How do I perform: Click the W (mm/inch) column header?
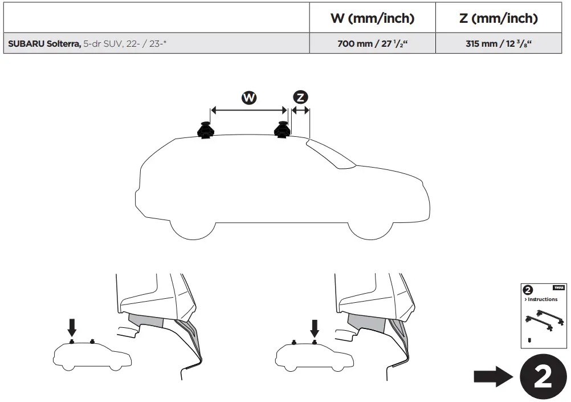[372, 18]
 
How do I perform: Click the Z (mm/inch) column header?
[498, 18]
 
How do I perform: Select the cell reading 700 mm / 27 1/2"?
[372, 43]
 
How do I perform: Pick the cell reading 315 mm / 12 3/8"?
[498, 43]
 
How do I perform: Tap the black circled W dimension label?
[248, 98]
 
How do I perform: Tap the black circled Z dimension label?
[300, 98]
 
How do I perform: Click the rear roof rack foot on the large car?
[205, 131]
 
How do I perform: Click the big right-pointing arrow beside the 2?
[493, 377]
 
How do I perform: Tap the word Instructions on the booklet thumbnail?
[543, 299]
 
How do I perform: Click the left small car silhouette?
[91, 357]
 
